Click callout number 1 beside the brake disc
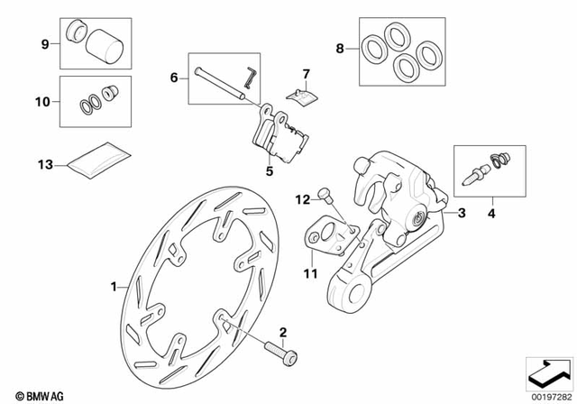(114, 287)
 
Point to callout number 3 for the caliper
(462, 214)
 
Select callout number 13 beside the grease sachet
(42, 164)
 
